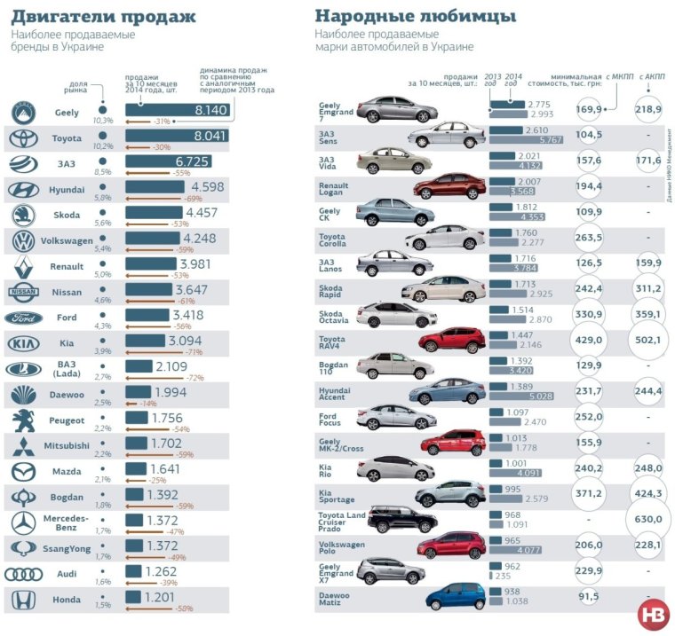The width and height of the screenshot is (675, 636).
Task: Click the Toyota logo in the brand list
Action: (23, 138)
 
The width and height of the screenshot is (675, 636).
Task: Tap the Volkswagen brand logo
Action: (23, 240)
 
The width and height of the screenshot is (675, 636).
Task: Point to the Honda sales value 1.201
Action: (163, 598)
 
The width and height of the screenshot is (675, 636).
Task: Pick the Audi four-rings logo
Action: (23, 574)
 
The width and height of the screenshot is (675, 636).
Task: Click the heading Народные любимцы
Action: (416, 17)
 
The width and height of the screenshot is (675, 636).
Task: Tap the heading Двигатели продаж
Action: (104, 17)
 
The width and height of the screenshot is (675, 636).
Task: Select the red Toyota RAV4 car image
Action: (453, 340)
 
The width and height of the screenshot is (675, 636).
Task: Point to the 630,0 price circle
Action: (648, 519)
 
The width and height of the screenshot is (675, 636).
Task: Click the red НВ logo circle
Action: (653, 615)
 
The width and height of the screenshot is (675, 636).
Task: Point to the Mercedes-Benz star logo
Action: (23, 522)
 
